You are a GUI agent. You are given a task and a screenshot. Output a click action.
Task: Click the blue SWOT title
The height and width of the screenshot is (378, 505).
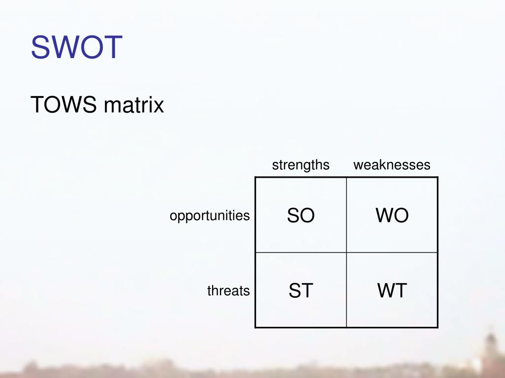tap(76, 47)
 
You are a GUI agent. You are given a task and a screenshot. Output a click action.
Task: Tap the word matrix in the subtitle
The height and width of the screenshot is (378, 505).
tap(134, 105)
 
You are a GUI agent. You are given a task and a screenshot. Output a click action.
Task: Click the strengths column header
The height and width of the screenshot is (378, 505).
tap(300, 165)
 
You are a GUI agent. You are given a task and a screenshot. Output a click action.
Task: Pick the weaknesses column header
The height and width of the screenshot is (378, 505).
tap(392, 165)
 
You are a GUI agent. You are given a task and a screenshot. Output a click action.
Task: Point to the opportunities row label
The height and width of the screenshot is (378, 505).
tap(210, 216)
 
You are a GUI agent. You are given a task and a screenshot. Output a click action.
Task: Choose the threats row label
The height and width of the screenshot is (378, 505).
tap(228, 291)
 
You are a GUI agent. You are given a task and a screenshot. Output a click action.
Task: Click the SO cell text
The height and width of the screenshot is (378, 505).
tap(301, 216)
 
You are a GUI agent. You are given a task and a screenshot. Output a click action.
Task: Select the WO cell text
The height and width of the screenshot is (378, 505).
tap(392, 216)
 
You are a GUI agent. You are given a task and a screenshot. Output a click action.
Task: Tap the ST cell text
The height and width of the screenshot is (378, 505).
tap(301, 291)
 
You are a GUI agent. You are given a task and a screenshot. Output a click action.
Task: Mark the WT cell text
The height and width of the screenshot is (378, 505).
tap(392, 291)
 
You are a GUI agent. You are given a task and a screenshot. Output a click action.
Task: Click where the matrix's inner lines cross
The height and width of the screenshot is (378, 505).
tap(347, 252)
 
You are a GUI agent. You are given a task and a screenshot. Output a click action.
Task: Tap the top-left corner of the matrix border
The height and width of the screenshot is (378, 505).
tap(255, 177)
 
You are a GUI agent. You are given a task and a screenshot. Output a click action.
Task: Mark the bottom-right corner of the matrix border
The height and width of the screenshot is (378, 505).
tap(437, 327)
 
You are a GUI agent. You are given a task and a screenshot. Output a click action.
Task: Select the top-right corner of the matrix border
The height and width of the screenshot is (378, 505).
tap(437, 177)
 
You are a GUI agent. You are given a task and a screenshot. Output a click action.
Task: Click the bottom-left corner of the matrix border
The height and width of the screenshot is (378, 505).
tap(255, 327)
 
